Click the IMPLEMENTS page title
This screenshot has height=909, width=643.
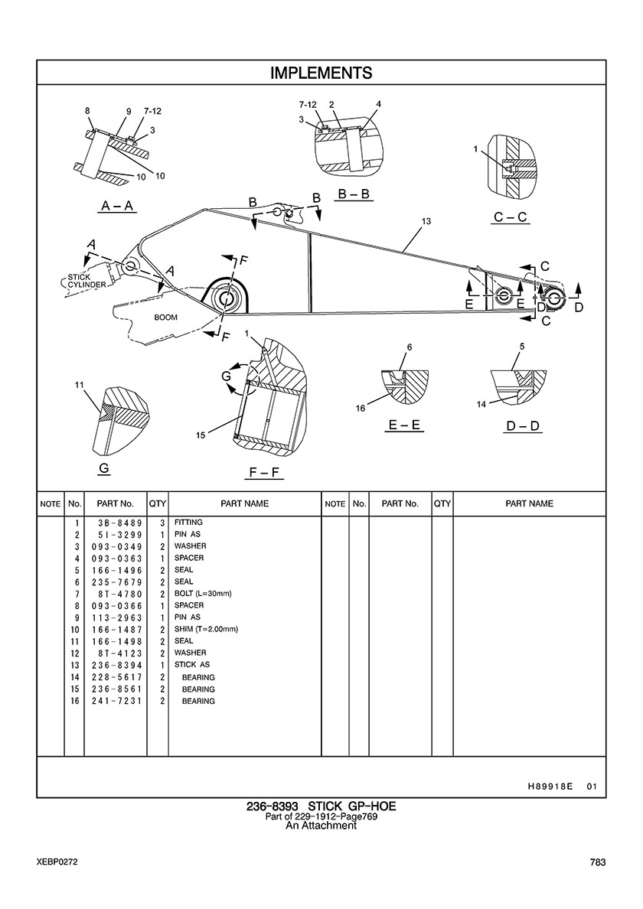coord(321,73)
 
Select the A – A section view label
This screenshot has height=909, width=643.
coord(117,206)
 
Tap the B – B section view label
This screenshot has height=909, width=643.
coord(354,194)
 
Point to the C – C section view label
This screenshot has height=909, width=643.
coord(510,217)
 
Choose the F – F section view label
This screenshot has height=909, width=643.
coord(266,474)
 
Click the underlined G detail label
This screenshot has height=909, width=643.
coord(103,468)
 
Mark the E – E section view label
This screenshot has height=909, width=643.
coord(406,425)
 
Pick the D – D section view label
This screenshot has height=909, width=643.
coord(523,425)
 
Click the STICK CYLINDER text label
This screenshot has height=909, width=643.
coord(86,281)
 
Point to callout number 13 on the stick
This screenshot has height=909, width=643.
coord(426,221)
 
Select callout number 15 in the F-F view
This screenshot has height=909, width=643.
coord(200,435)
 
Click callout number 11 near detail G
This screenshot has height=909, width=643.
coord(79,384)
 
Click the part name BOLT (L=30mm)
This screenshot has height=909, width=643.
coord(203,594)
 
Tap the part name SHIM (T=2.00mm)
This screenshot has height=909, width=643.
coord(206,629)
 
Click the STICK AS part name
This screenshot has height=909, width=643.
coord(191,665)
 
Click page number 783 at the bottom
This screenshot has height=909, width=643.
coord(598,862)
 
